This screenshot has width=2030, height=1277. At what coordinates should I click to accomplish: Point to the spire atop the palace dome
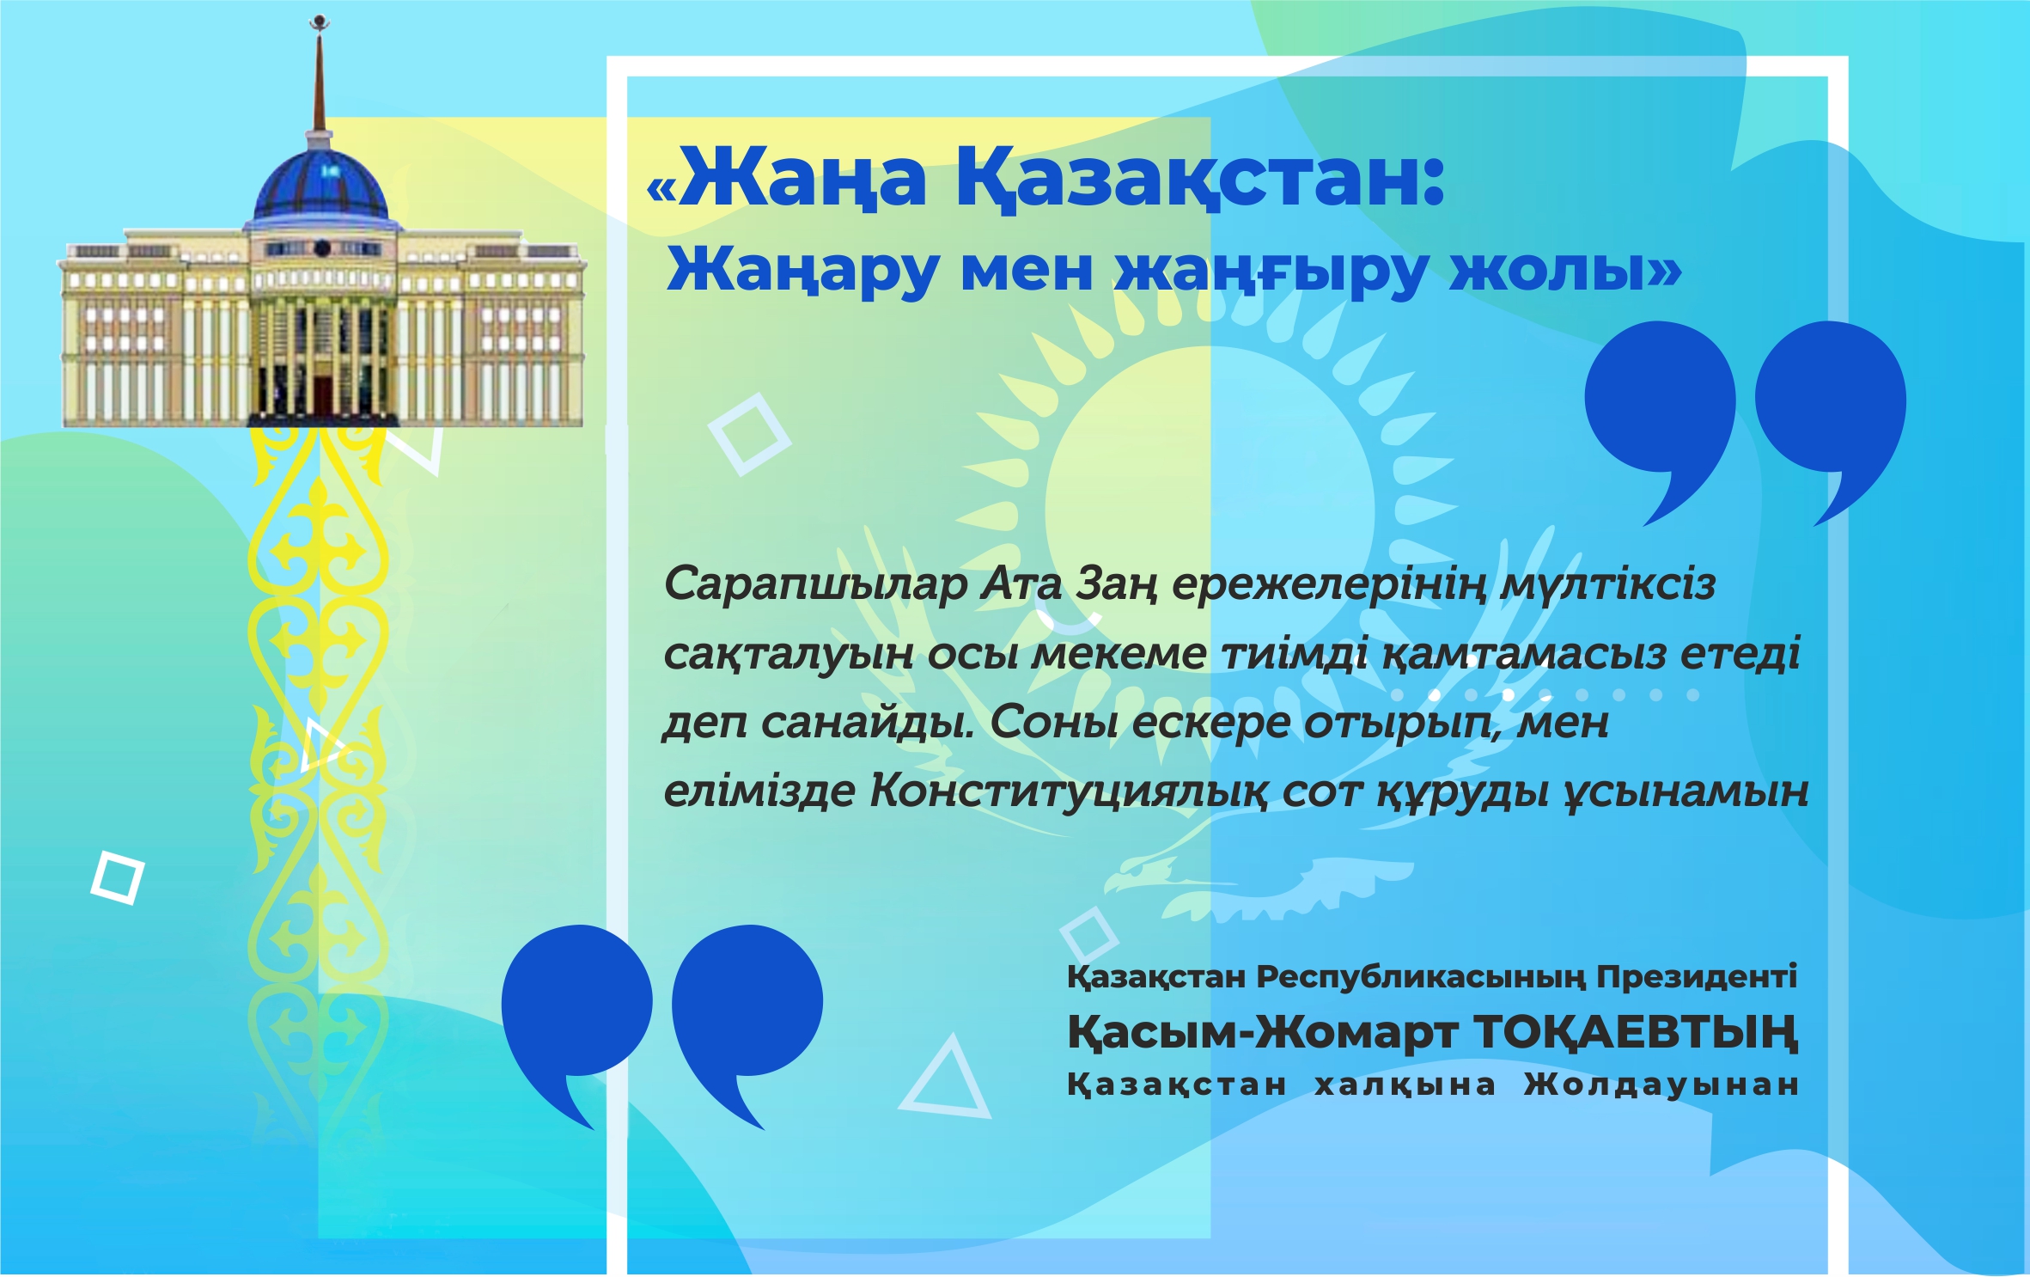tap(320, 77)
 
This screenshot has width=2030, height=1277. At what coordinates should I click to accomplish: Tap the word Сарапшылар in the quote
tap(815, 585)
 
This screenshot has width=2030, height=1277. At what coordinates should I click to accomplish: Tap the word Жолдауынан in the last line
tap(1661, 1085)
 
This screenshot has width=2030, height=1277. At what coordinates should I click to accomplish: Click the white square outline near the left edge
tap(118, 877)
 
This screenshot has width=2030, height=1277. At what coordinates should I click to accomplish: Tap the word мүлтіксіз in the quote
tap(1607, 585)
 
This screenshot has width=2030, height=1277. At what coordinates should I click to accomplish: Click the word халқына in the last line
tap(1405, 1085)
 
